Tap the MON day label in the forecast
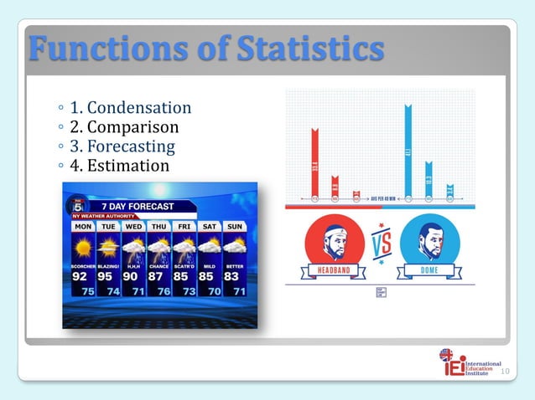[83, 227]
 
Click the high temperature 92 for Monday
[81, 276]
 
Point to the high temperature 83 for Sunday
[231, 276]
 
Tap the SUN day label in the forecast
[235, 227]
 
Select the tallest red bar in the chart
[314, 163]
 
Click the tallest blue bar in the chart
[408, 151]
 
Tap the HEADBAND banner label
[335, 270]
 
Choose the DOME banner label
[429, 270]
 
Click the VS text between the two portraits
[382, 246]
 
